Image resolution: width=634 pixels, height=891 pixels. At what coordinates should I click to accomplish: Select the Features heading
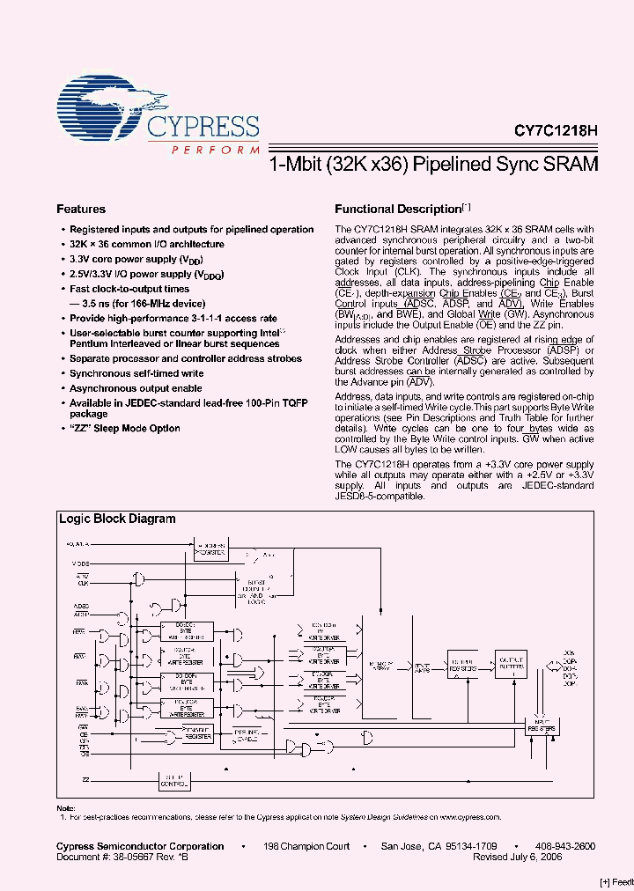point(81,210)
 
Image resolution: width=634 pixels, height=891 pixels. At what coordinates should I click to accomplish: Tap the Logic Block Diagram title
point(117,519)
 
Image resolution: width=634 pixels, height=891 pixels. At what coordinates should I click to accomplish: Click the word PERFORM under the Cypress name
point(203,151)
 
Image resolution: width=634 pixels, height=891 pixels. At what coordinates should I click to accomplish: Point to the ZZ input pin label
point(86,779)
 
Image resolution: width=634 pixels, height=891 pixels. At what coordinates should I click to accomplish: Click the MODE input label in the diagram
point(80,562)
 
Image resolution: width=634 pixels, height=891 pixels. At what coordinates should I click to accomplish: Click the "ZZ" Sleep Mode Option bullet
point(125,429)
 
